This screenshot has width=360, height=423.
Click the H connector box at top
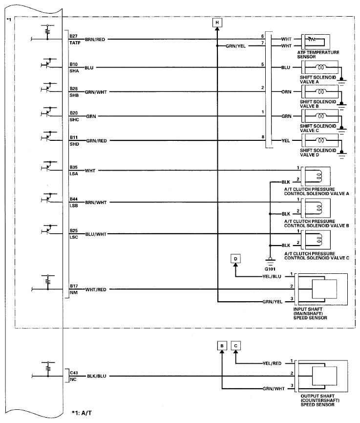coord(217,22)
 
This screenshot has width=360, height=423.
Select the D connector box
coord(236,258)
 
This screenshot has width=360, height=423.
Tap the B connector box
coord(222,346)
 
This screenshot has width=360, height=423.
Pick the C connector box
coord(236,346)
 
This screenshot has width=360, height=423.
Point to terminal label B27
coord(73,36)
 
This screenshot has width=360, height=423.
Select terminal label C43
coord(73,373)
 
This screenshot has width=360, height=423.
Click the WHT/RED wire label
coord(96,289)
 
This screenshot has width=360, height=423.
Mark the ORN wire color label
coord(287,91)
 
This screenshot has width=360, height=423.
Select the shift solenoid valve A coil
coord(321,67)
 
